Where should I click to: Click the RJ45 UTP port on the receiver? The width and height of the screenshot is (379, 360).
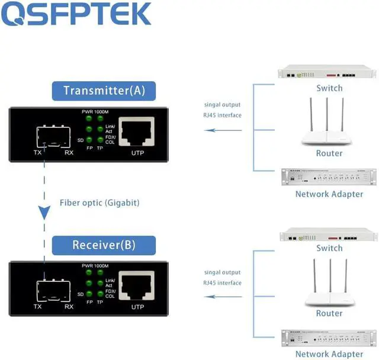click(x=137, y=286)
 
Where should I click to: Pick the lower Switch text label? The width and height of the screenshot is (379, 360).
click(x=329, y=249)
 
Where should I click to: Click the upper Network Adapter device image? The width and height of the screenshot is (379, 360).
click(x=329, y=177)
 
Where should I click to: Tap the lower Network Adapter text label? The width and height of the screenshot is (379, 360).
click(x=329, y=354)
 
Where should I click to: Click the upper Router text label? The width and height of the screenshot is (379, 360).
click(x=329, y=153)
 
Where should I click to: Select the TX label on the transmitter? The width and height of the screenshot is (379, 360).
click(x=38, y=153)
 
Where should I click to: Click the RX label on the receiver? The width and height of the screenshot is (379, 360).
click(x=69, y=307)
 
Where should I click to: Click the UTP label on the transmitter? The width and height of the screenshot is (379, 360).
click(x=137, y=153)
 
